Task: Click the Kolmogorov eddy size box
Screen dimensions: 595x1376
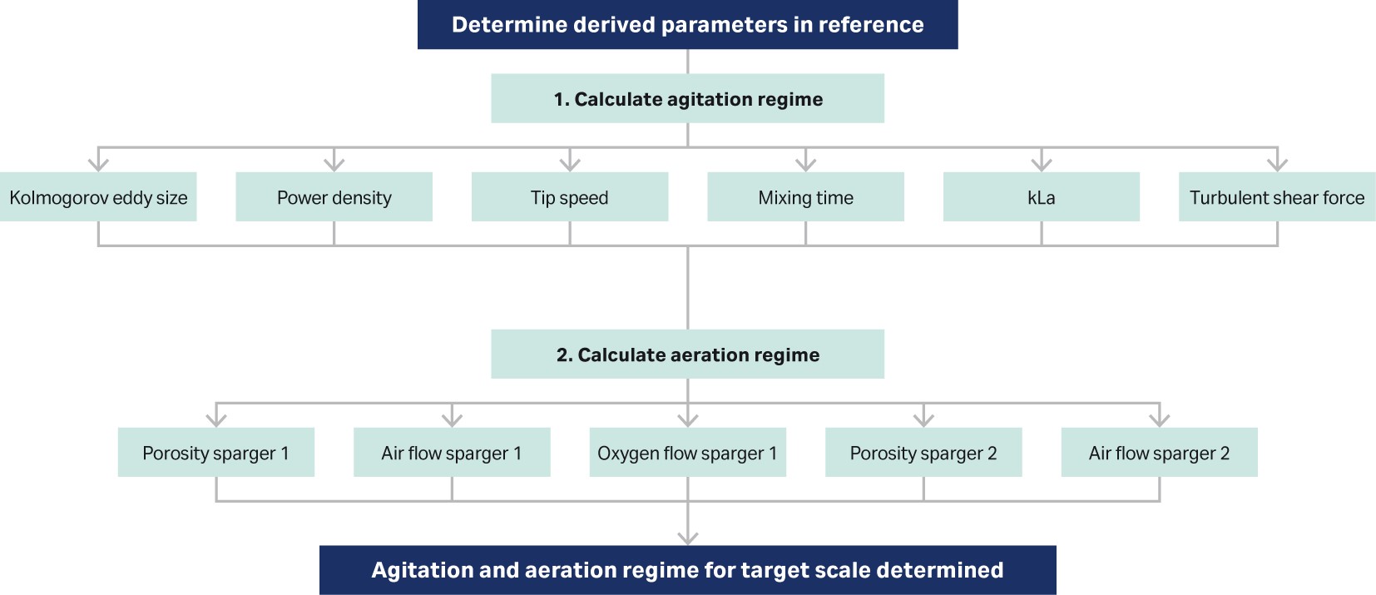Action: (98, 197)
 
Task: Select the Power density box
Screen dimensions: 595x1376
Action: (334, 197)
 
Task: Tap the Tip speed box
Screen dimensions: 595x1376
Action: (570, 197)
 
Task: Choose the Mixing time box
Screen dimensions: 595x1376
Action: (805, 197)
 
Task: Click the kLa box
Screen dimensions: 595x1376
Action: (1041, 197)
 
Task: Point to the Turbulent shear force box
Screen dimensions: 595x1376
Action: (1277, 197)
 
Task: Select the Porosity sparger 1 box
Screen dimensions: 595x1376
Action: (216, 453)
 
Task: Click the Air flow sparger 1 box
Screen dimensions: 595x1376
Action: (452, 453)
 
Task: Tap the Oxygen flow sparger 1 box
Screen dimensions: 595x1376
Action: (687, 453)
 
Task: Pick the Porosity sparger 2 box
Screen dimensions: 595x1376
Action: (923, 453)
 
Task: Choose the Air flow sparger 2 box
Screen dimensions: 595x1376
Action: (1159, 453)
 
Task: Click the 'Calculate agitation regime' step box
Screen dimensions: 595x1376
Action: (687, 99)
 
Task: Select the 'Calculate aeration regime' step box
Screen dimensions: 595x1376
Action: (687, 355)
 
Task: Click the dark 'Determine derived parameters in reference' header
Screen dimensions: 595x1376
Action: (687, 25)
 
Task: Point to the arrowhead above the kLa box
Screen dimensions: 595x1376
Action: (1042, 163)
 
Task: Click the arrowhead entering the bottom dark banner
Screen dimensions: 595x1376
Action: (688, 537)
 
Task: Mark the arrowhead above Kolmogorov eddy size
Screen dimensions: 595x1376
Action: (98, 163)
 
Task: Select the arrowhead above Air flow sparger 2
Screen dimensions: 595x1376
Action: (1159, 419)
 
